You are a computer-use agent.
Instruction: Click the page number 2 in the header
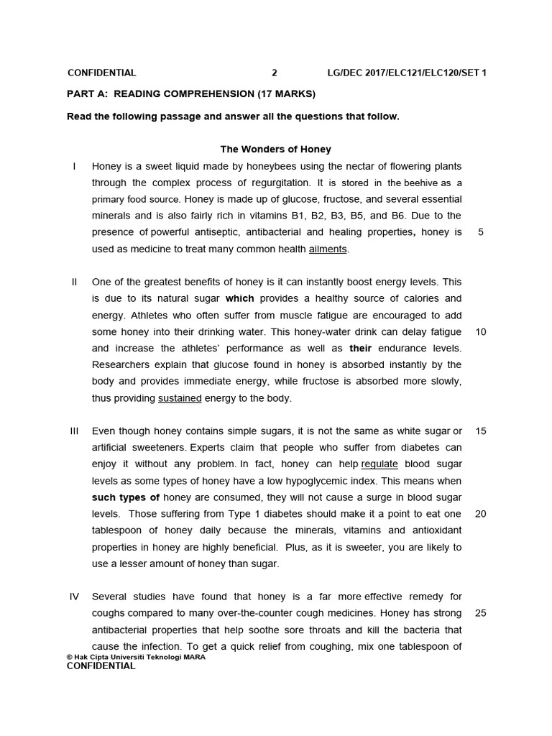[274, 73]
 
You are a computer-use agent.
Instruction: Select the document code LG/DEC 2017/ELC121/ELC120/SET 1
[406, 73]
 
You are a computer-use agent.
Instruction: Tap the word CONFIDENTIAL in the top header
[101, 73]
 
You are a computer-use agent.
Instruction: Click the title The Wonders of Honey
[275, 149]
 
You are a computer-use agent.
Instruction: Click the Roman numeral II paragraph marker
[74, 282]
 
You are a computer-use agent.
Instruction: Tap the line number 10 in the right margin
[481, 332]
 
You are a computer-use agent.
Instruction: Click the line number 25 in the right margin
[481, 613]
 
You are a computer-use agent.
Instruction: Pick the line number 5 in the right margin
[480, 232]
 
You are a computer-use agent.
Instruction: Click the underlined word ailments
[328, 249]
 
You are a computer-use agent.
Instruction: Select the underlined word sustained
[180, 398]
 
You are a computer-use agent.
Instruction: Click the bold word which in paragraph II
[240, 298]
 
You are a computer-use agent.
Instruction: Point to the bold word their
[361, 349]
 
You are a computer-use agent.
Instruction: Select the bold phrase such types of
[126, 497]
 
